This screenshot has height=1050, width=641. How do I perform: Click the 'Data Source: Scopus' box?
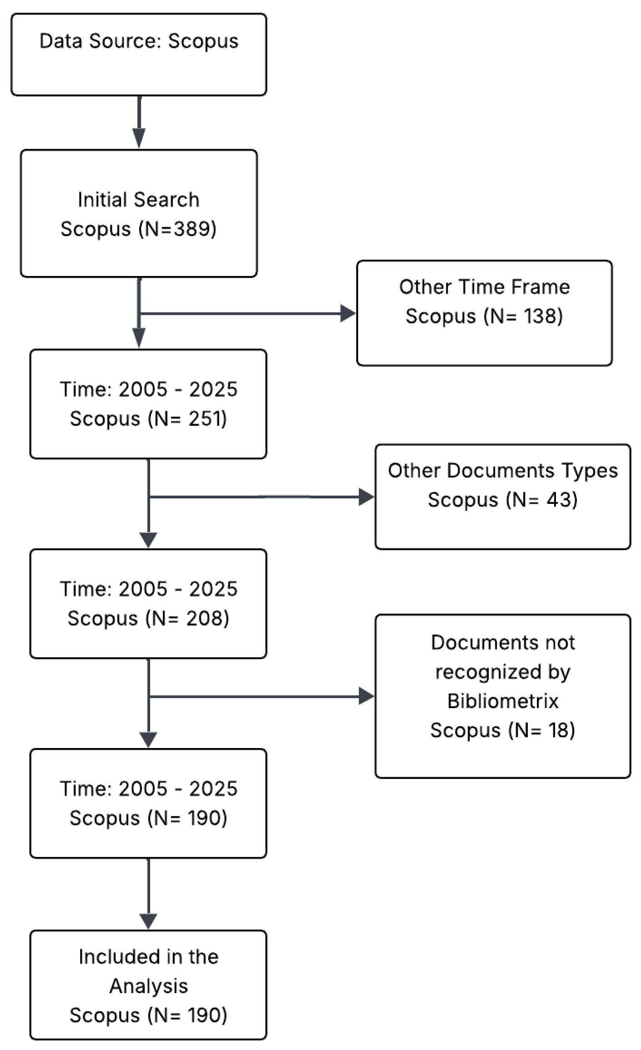[x=139, y=54]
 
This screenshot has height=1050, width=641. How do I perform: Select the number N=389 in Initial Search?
[x=177, y=228]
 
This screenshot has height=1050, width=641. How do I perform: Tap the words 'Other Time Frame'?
[x=484, y=287]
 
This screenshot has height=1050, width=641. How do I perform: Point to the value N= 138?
[x=523, y=316]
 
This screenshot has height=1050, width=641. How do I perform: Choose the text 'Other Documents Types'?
[x=503, y=471]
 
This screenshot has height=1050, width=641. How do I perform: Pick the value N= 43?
[x=542, y=500]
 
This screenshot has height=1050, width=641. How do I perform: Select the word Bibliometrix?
[x=503, y=701]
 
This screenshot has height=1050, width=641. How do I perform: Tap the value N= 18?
[x=542, y=730]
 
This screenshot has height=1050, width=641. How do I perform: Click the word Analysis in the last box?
[x=148, y=986]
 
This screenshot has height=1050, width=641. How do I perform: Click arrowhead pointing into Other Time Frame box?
[x=348, y=313]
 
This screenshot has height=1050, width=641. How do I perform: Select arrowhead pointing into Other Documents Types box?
[x=366, y=497]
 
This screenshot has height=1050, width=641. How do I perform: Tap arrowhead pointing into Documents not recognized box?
[x=366, y=696]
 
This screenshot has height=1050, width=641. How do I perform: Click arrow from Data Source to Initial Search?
[x=139, y=123]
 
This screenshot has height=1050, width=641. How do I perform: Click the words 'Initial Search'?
[x=138, y=200]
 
